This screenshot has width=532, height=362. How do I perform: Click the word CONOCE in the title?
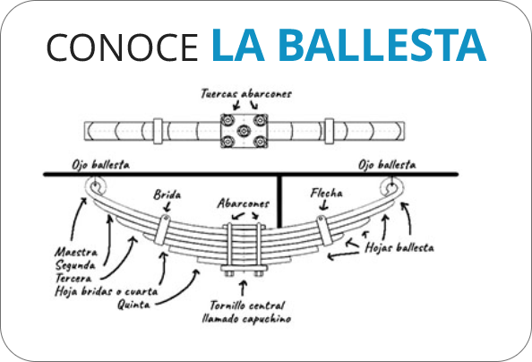(x=122, y=47)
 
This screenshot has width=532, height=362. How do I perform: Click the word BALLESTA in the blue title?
(x=382, y=45)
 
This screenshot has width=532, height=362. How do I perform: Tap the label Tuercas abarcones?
(x=246, y=93)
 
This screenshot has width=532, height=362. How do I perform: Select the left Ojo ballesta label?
(x=101, y=165)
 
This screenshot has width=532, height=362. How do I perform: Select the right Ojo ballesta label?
(x=387, y=165)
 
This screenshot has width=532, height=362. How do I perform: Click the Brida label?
(x=167, y=194)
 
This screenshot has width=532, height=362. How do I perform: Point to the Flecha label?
(x=326, y=193)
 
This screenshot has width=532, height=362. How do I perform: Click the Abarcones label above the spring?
(x=244, y=203)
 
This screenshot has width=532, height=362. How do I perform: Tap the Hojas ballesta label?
(x=399, y=247)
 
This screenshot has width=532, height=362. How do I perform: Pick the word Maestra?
(x=76, y=252)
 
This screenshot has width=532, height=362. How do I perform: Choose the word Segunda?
(x=75, y=265)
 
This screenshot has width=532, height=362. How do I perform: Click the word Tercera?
(x=73, y=278)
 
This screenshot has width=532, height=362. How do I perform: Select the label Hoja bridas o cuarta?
(x=107, y=291)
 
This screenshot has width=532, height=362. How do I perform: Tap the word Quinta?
(x=133, y=304)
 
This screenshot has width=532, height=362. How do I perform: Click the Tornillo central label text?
(x=246, y=312)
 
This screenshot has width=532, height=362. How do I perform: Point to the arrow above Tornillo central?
(x=243, y=288)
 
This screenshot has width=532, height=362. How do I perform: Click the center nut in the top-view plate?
(x=244, y=131)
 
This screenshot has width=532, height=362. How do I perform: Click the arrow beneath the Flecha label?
(x=324, y=205)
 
